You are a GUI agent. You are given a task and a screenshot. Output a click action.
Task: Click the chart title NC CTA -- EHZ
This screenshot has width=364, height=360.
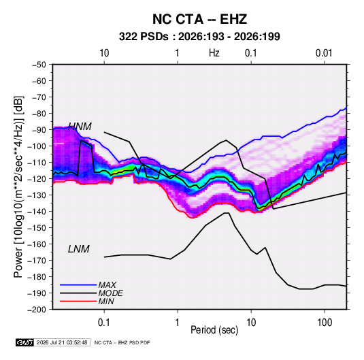pyautogui.click(x=199, y=19)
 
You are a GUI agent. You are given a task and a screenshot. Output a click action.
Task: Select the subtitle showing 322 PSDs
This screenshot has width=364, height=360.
pyautogui.click(x=199, y=37)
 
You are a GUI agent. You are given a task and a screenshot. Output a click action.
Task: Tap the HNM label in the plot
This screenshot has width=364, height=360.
pyautogui.click(x=80, y=127)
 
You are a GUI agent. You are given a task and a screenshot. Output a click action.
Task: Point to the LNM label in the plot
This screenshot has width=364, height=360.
pyautogui.click(x=79, y=249)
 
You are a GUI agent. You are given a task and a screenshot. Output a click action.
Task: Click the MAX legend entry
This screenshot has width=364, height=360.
pyautogui.click(x=107, y=285)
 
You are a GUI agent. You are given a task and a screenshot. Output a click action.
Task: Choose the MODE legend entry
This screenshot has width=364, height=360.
pyautogui.click(x=110, y=293)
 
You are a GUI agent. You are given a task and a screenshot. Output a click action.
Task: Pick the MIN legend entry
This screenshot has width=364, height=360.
pyautogui.click(x=106, y=301)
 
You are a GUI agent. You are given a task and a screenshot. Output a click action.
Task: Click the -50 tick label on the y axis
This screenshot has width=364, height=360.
pyautogui.click(x=39, y=65)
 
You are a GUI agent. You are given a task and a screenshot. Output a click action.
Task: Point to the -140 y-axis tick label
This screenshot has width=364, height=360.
pyautogui.click(x=37, y=212)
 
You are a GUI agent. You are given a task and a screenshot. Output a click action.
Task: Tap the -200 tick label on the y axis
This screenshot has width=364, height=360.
pyautogui.click(x=37, y=310)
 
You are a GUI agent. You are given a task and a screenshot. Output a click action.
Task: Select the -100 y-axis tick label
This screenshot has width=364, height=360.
pyautogui.click(x=37, y=146)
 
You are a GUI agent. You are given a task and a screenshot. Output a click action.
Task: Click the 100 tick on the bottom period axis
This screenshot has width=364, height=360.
pyautogui.click(x=325, y=323)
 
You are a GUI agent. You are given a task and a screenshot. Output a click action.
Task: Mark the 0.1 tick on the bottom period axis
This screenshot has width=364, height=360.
pyautogui.click(x=104, y=323)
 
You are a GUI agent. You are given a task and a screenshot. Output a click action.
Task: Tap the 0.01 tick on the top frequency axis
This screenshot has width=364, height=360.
pyautogui.click(x=324, y=53)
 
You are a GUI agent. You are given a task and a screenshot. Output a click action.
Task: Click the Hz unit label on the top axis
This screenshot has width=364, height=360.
pyautogui.click(x=214, y=53)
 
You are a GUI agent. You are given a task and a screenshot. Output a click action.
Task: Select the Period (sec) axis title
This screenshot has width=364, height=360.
pyautogui.click(x=214, y=330)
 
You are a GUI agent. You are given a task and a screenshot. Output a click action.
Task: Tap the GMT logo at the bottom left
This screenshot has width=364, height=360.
pyautogui.click(x=24, y=342)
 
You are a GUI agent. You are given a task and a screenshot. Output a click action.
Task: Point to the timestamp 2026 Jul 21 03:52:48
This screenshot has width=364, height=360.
pyautogui.click(x=62, y=342)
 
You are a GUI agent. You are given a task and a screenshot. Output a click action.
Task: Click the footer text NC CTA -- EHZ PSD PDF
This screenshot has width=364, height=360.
pyautogui.click(x=122, y=342)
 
